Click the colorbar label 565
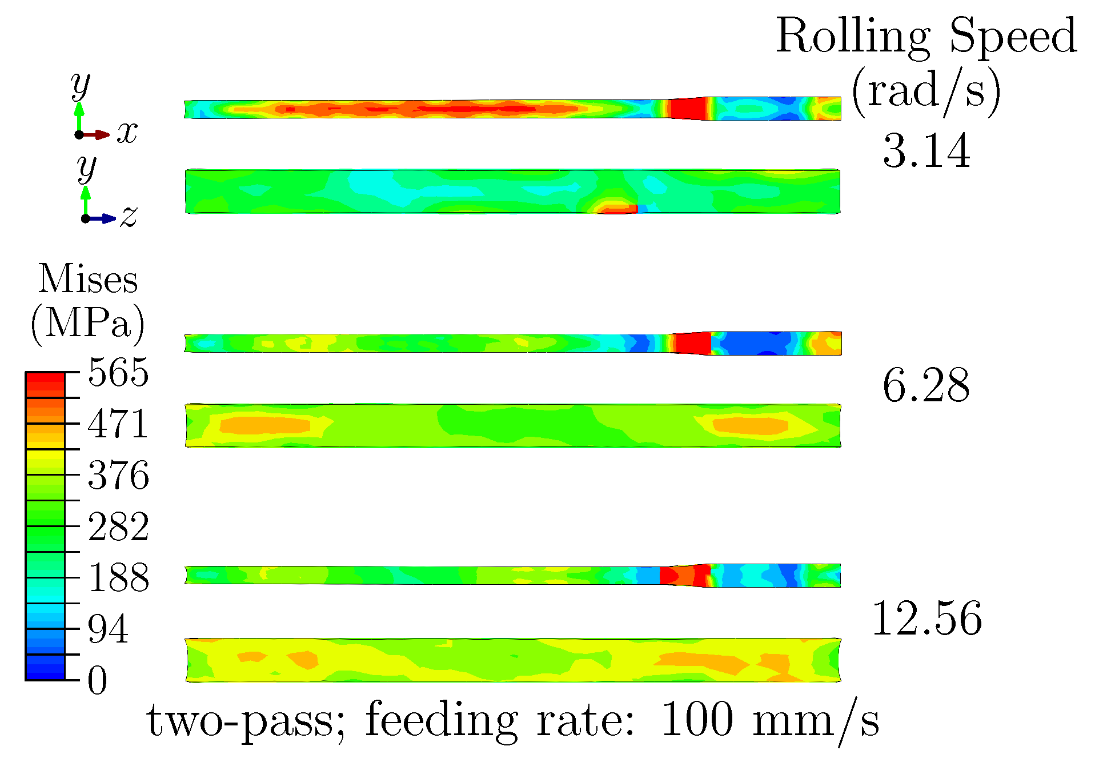coord(118,373)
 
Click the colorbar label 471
coord(118,424)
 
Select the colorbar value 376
coord(118,475)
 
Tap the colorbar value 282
coord(118,526)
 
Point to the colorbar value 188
coord(118,577)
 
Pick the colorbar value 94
coord(108,629)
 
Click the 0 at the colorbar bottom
coord(97,681)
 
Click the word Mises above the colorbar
coord(88,280)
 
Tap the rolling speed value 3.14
coord(926,151)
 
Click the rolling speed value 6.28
coord(926,386)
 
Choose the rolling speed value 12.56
coord(926,619)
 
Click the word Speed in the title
coord(1013,35)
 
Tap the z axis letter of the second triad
coord(129,217)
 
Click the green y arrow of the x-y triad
coord(79,117)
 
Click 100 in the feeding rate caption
coord(697,720)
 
